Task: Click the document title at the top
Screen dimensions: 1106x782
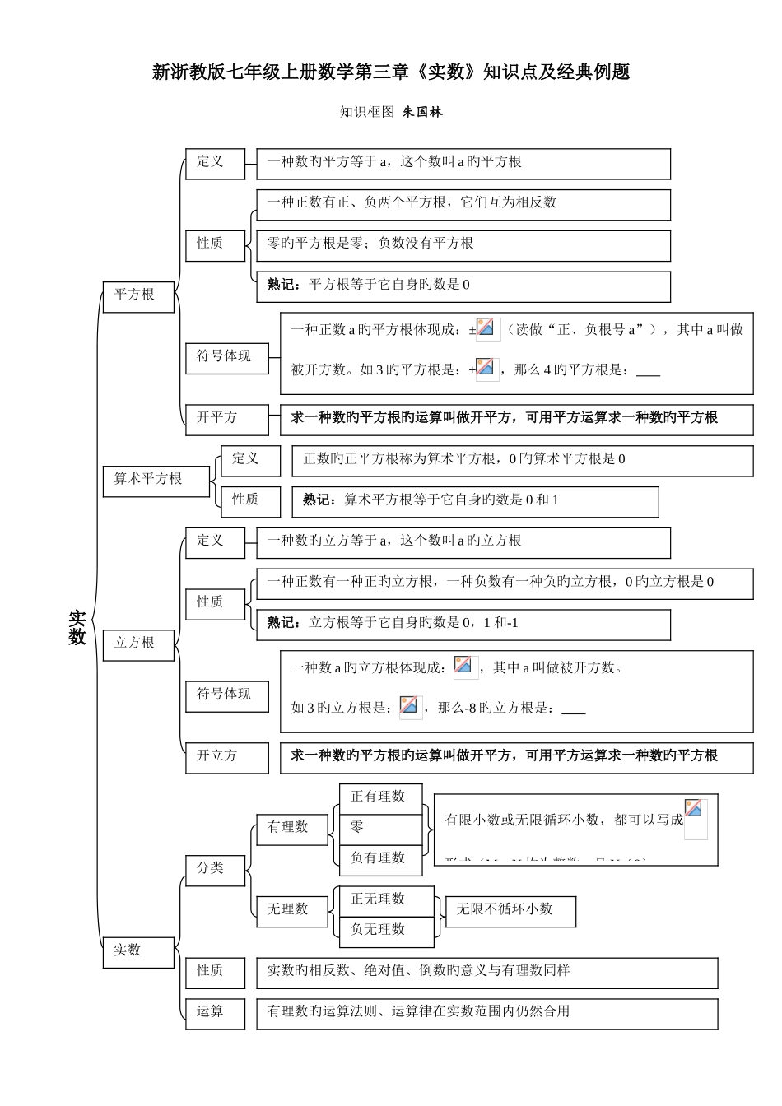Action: coord(391,72)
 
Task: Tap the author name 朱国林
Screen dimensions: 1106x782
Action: coord(422,112)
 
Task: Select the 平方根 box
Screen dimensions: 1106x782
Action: coord(138,295)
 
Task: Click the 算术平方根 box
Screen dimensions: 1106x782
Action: coord(156,480)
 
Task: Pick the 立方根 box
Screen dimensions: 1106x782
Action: coord(138,644)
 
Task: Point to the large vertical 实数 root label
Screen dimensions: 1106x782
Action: coord(77,627)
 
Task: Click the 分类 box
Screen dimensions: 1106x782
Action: coord(215,869)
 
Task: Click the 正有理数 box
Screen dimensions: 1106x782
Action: coord(380,797)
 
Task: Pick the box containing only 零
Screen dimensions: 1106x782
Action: coord(380,828)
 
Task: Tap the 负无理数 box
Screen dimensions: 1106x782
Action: coord(385,930)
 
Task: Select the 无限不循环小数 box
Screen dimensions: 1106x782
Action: coord(510,910)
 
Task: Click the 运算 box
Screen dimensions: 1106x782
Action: coord(215,1012)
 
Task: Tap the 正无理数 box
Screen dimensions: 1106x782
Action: coord(385,899)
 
